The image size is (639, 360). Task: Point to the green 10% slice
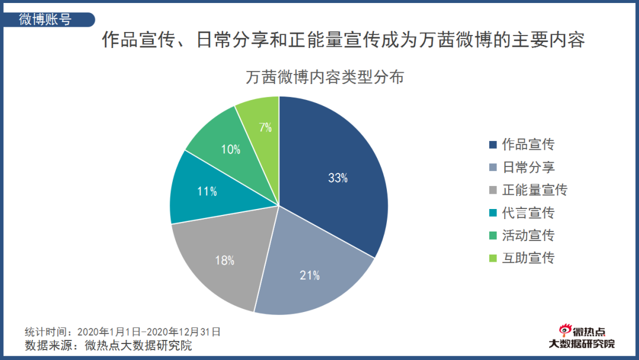pos(228,145)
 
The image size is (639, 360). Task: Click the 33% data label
pos(338,178)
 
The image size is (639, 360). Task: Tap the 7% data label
pos(265,127)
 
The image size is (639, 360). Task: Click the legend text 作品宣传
pos(528,144)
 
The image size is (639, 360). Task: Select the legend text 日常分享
pos(528,167)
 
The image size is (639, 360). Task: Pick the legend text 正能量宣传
pos(534,190)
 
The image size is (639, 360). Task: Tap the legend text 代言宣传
pos(528,213)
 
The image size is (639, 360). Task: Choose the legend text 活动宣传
pos(528,235)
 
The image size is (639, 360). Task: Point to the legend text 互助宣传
pos(528,258)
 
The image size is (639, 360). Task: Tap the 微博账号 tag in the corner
pos(45,19)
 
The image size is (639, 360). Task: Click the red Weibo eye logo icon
pos(566,332)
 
